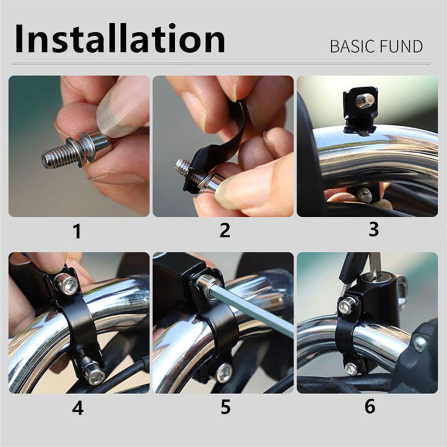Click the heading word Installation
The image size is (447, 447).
click(x=120, y=39)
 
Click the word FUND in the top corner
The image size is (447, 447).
click(x=399, y=46)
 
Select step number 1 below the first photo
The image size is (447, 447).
click(x=77, y=231)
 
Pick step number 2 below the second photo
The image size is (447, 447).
click(x=225, y=230)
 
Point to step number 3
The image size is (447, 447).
click(x=373, y=229)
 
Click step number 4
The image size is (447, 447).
click(x=77, y=408)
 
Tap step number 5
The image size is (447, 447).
click(x=225, y=407)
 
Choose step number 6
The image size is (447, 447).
click(x=370, y=406)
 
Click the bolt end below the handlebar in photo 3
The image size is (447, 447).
click(x=364, y=194)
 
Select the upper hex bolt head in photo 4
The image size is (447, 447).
click(x=67, y=284)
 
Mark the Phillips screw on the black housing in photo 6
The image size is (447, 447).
click(x=420, y=344)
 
